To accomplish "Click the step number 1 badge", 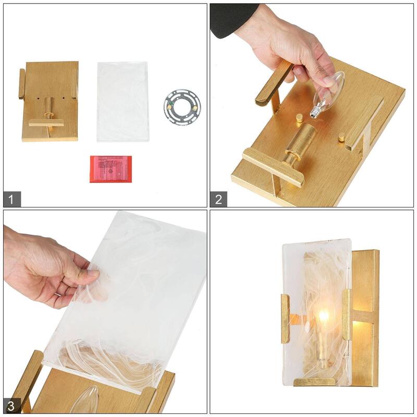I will [x=12, y=199].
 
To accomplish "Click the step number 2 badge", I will [x=219, y=199].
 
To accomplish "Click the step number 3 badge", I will [x=12, y=404].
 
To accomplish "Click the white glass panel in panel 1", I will [x=123, y=102].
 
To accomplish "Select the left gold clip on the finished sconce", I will [x=285, y=318].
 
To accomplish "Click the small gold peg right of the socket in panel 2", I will [x=341, y=138].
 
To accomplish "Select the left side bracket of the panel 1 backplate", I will [x=21, y=83].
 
